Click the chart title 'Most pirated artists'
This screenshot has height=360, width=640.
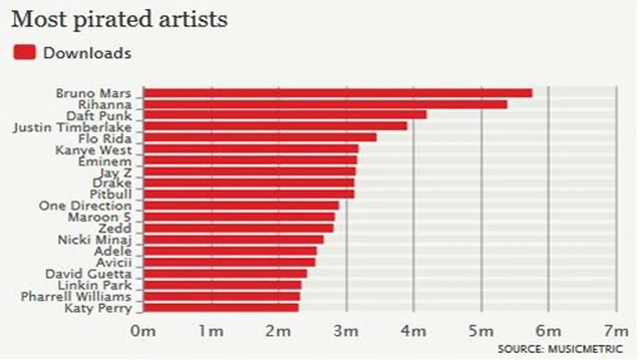coord(119,20)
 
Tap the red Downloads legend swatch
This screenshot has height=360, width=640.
coord(25,53)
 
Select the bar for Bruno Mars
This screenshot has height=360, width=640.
coord(337,93)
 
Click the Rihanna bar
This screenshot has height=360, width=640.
coord(325,104)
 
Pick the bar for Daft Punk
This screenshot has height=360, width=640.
coord(285,115)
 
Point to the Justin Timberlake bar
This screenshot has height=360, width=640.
coord(275,126)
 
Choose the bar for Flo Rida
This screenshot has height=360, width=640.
coord(260,138)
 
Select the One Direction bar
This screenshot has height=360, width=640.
coord(241,206)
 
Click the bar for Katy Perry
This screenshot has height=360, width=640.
coord(221,308)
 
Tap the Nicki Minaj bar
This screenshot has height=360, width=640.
coord(233,240)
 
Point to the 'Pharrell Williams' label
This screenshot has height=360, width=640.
coord(77,297)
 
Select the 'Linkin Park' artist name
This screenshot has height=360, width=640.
coord(95,285)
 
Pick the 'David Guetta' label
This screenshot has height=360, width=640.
coord(89,274)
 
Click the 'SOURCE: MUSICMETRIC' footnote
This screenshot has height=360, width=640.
coord(560,349)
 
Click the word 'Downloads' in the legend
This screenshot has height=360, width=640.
coord(87,53)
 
